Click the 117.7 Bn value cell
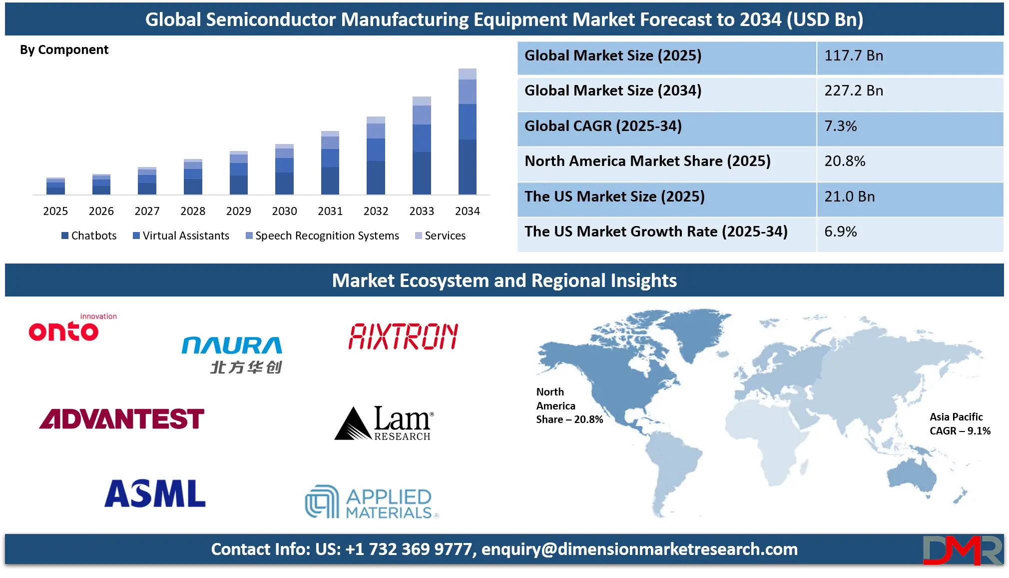pyautogui.click(x=853, y=55)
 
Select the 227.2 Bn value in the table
pyautogui.click(x=853, y=90)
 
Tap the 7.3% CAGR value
pyautogui.click(x=840, y=126)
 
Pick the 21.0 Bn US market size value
pyautogui.click(x=849, y=196)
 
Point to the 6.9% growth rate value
pyautogui.click(x=840, y=231)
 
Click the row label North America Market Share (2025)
pyautogui.click(x=647, y=161)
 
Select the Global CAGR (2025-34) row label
pyautogui.click(x=603, y=126)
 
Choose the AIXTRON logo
pyautogui.click(x=403, y=336)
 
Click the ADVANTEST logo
pyautogui.click(x=122, y=419)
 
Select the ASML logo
pyautogui.click(x=155, y=493)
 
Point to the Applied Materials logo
pyautogui.click(x=372, y=502)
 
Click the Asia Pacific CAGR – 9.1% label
pyautogui.click(x=960, y=424)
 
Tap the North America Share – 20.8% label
pyautogui.click(x=569, y=405)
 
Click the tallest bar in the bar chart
pyautogui.click(x=467, y=131)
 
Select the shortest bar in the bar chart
pyautogui.click(x=55, y=185)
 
